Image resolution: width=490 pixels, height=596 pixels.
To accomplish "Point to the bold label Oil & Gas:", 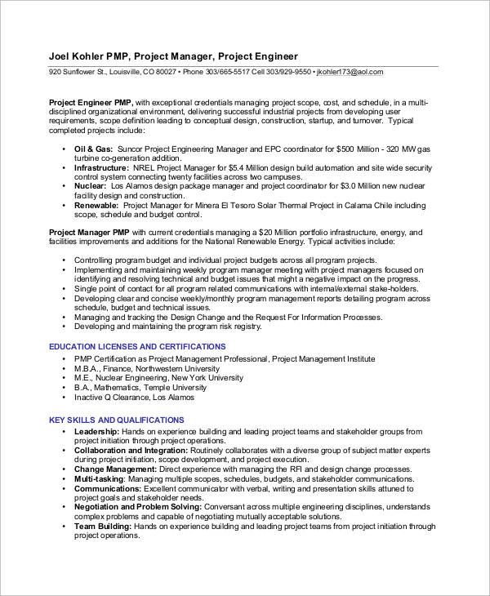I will pos(94,149).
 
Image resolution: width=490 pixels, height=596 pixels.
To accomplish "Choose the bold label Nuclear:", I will pos(91,185).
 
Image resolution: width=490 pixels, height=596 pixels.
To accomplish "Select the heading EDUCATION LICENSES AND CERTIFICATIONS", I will pos(137,346).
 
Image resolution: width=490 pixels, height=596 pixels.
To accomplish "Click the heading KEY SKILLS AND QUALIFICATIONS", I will pos(117,420).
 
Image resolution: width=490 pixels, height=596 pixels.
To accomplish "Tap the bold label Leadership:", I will pos(97,430).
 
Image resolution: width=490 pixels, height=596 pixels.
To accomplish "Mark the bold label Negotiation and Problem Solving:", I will pos(138,507).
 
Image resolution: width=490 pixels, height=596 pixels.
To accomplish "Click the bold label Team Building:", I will pos(103,527).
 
